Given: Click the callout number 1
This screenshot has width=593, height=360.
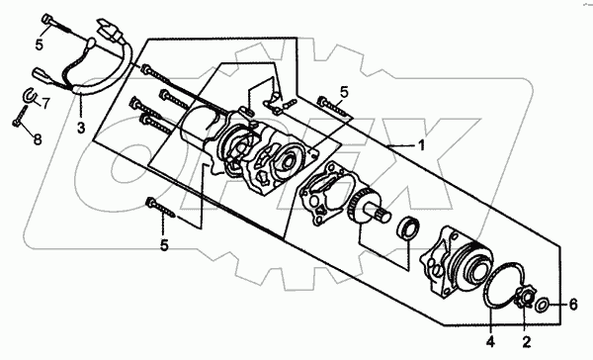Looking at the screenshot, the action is [421, 145].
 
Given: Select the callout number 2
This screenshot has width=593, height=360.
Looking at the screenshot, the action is [527, 342].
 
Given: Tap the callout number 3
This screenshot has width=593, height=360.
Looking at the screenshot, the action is [81, 128].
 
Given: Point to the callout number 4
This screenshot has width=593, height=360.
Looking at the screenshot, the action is [490, 342].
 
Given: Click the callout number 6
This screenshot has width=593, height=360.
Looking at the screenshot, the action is [573, 305].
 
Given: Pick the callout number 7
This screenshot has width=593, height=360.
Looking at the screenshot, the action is [45, 103].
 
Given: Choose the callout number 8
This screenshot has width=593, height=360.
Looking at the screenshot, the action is [38, 139].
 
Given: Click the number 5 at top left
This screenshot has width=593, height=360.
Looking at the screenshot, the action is [40, 45].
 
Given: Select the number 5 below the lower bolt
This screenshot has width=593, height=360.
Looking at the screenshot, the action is [164, 245].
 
